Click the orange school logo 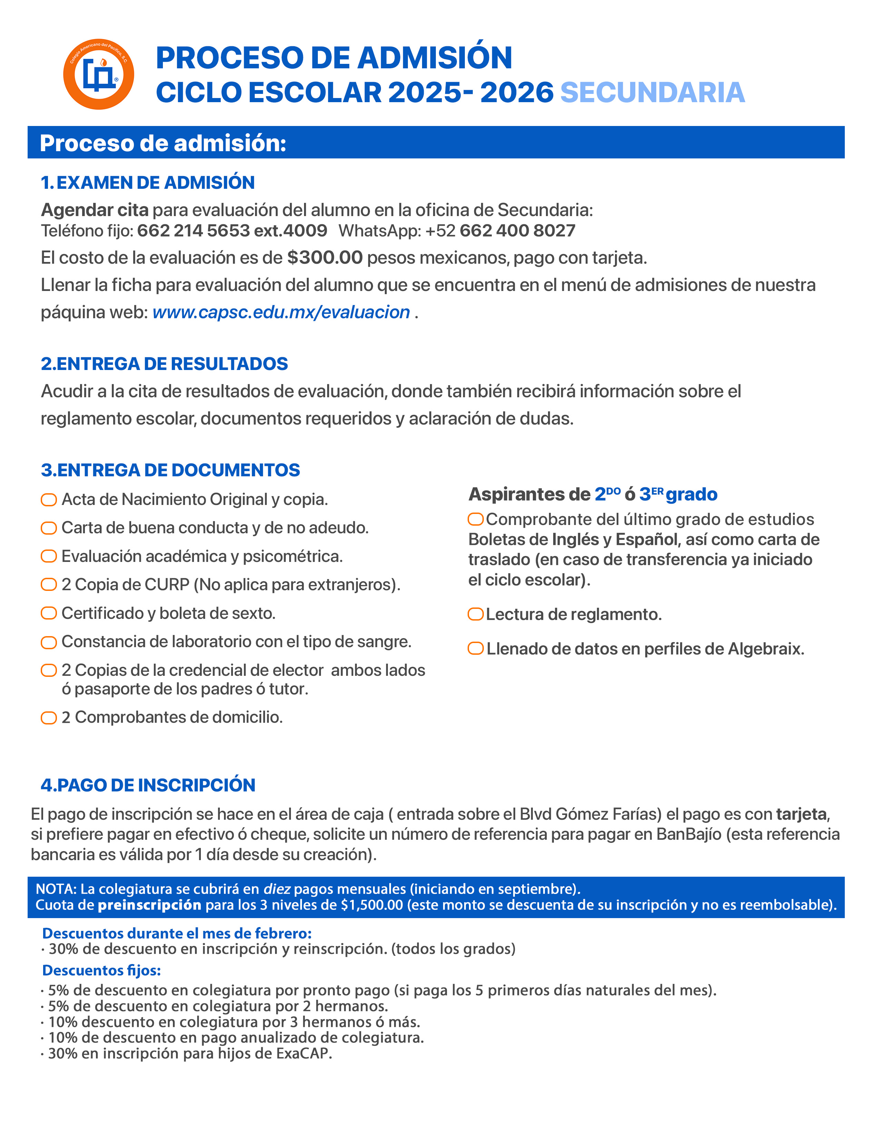tap(99, 74)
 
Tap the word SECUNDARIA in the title tap(652, 93)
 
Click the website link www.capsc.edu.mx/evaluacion tap(281, 312)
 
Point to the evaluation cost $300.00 tap(325, 257)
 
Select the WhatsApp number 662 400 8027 tap(517, 231)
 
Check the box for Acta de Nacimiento tap(49, 500)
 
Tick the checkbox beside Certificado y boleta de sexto tap(49, 613)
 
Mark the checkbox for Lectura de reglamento tap(476, 614)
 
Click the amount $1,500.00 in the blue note tap(372, 905)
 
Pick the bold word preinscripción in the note tap(150, 905)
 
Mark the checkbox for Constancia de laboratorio tap(49, 642)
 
